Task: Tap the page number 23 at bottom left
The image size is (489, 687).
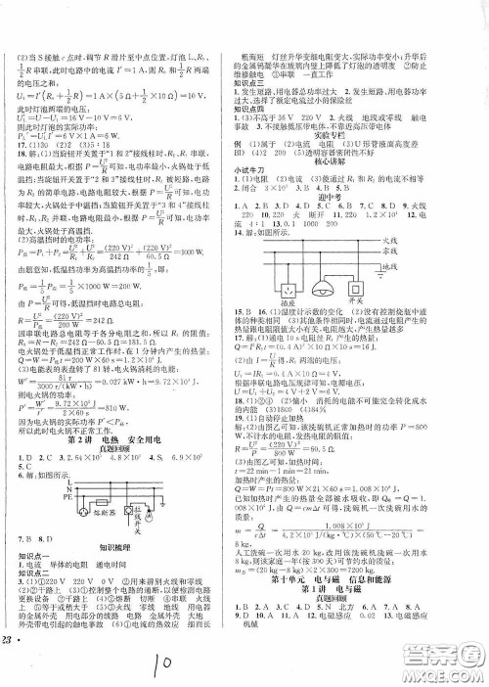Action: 10,665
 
